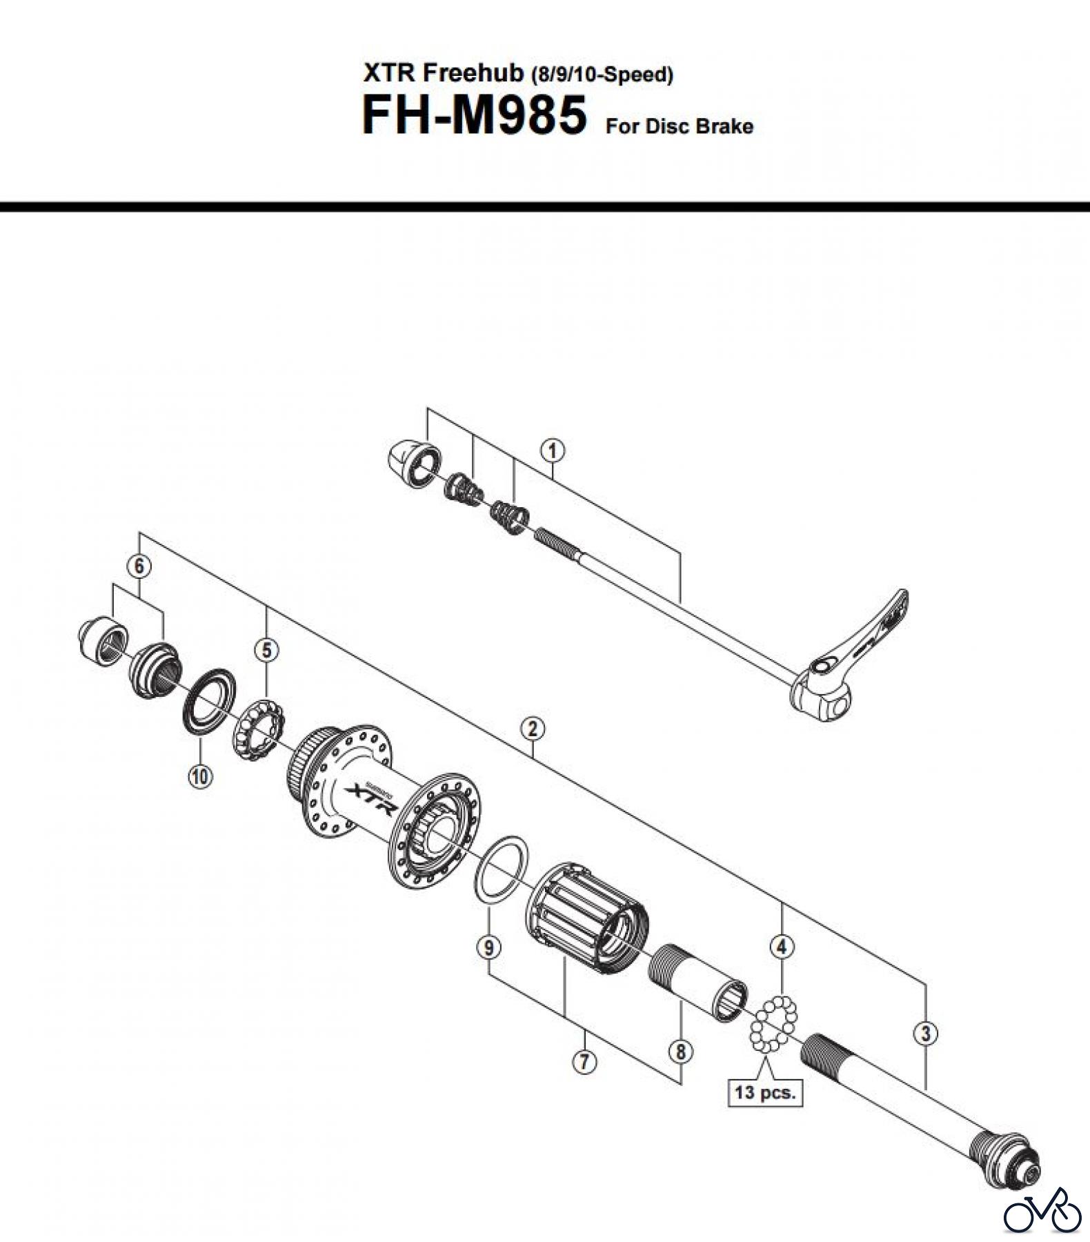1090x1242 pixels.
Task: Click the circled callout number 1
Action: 553,451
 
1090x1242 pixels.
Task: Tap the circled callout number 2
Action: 533,728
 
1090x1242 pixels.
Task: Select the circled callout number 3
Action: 926,1034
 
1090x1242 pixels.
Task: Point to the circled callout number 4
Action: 781,947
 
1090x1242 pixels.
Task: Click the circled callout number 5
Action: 267,649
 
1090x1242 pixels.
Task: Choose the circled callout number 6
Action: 139,566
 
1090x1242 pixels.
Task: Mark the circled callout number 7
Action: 584,1061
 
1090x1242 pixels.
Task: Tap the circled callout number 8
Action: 681,1052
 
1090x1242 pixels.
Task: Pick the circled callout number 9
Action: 488,947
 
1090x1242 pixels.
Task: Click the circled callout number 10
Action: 200,776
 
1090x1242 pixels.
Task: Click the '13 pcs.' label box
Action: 765,1092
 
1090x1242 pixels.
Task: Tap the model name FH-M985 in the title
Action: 474,115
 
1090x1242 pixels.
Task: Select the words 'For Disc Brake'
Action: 679,126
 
